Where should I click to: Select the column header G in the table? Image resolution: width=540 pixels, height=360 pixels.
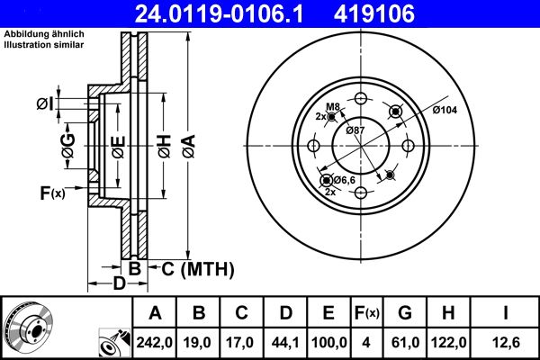pyautogui.click(x=406, y=313)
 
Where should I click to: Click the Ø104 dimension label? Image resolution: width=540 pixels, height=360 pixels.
pyautogui.click(x=445, y=110)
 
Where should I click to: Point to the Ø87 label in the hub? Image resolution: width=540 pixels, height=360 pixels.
pyautogui.click(x=356, y=131)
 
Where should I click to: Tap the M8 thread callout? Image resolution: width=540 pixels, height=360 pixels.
pyautogui.click(x=332, y=107)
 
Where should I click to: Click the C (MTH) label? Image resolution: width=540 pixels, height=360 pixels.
pyautogui.click(x=197, y=268)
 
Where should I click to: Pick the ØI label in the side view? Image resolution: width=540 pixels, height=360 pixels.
pyautogui.click(x=46, y=104)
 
